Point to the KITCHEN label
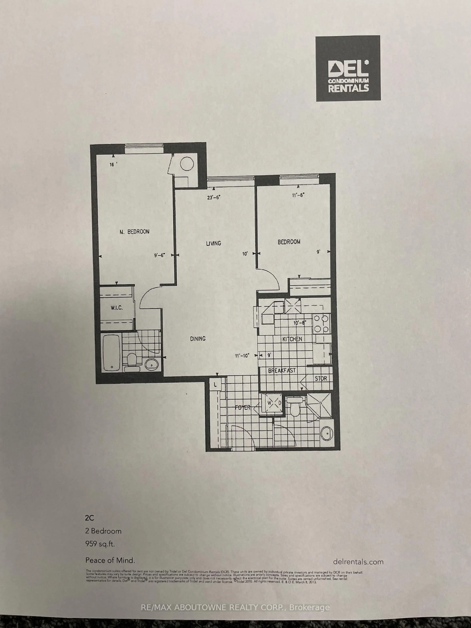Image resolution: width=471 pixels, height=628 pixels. coord(292,339)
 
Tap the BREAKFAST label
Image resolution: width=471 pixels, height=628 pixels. coord(282,371)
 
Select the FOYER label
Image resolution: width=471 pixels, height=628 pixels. coord(243,408)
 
